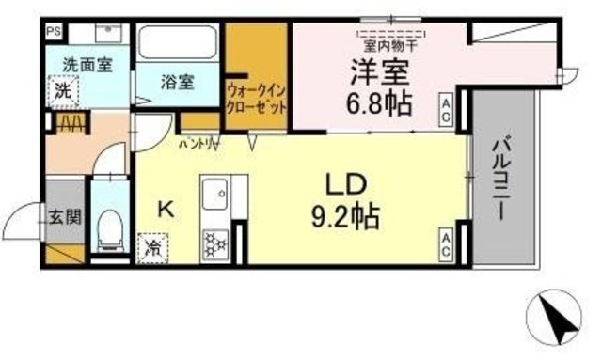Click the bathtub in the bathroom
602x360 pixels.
179,44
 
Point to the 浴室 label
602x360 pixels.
179,83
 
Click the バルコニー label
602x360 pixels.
499,178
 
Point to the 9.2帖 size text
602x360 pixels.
344,220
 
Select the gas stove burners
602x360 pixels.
214,242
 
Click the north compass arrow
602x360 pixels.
559,319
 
